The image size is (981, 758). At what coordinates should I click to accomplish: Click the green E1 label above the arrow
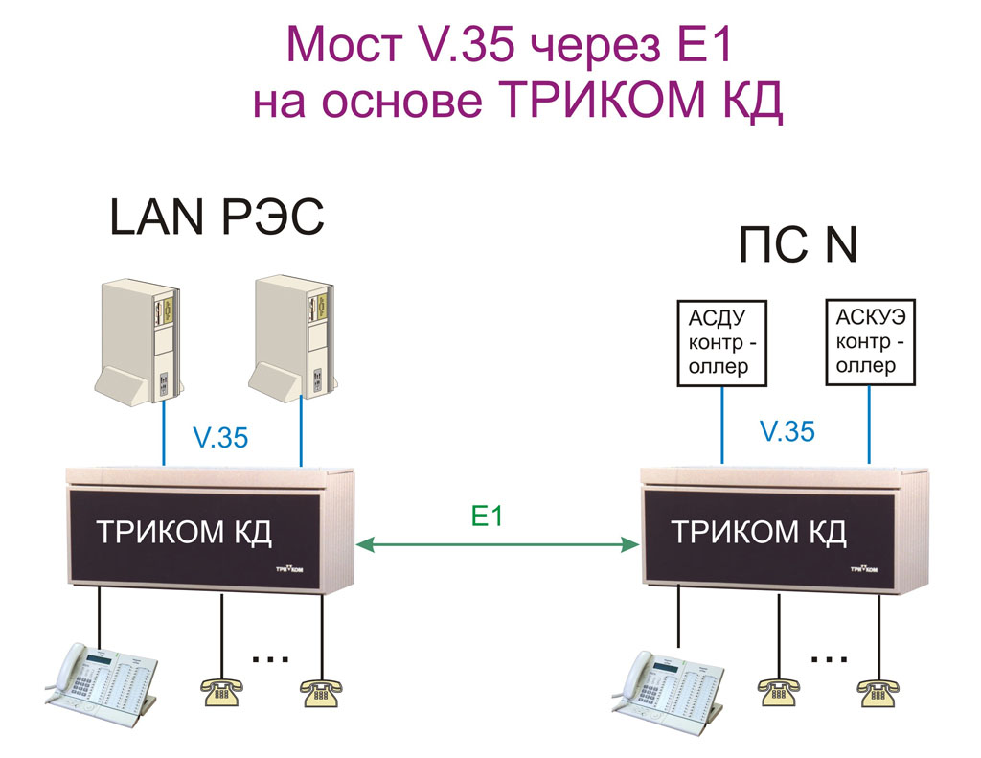487,516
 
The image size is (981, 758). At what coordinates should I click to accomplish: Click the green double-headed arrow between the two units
497,544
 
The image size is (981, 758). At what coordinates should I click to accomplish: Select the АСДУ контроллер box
722,343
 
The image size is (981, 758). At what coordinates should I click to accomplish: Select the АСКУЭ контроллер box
870,342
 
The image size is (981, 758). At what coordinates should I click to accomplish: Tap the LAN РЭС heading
217,217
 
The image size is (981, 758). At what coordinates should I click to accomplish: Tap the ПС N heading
798,244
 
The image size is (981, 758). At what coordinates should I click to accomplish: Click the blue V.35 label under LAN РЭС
221,438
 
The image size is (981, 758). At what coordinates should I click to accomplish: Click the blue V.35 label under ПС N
787,431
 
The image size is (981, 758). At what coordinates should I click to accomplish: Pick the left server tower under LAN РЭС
139,342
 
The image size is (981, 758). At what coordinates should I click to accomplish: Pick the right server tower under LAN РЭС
292,338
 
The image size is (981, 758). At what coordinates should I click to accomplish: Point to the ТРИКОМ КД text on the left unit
184,534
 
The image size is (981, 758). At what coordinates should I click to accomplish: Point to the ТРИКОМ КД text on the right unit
759,534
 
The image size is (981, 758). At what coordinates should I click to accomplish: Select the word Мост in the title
345,45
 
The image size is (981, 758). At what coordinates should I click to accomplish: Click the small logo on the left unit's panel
289,569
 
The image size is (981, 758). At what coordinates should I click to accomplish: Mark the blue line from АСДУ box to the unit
722,425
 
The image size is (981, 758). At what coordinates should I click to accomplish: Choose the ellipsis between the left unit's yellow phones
270,658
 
